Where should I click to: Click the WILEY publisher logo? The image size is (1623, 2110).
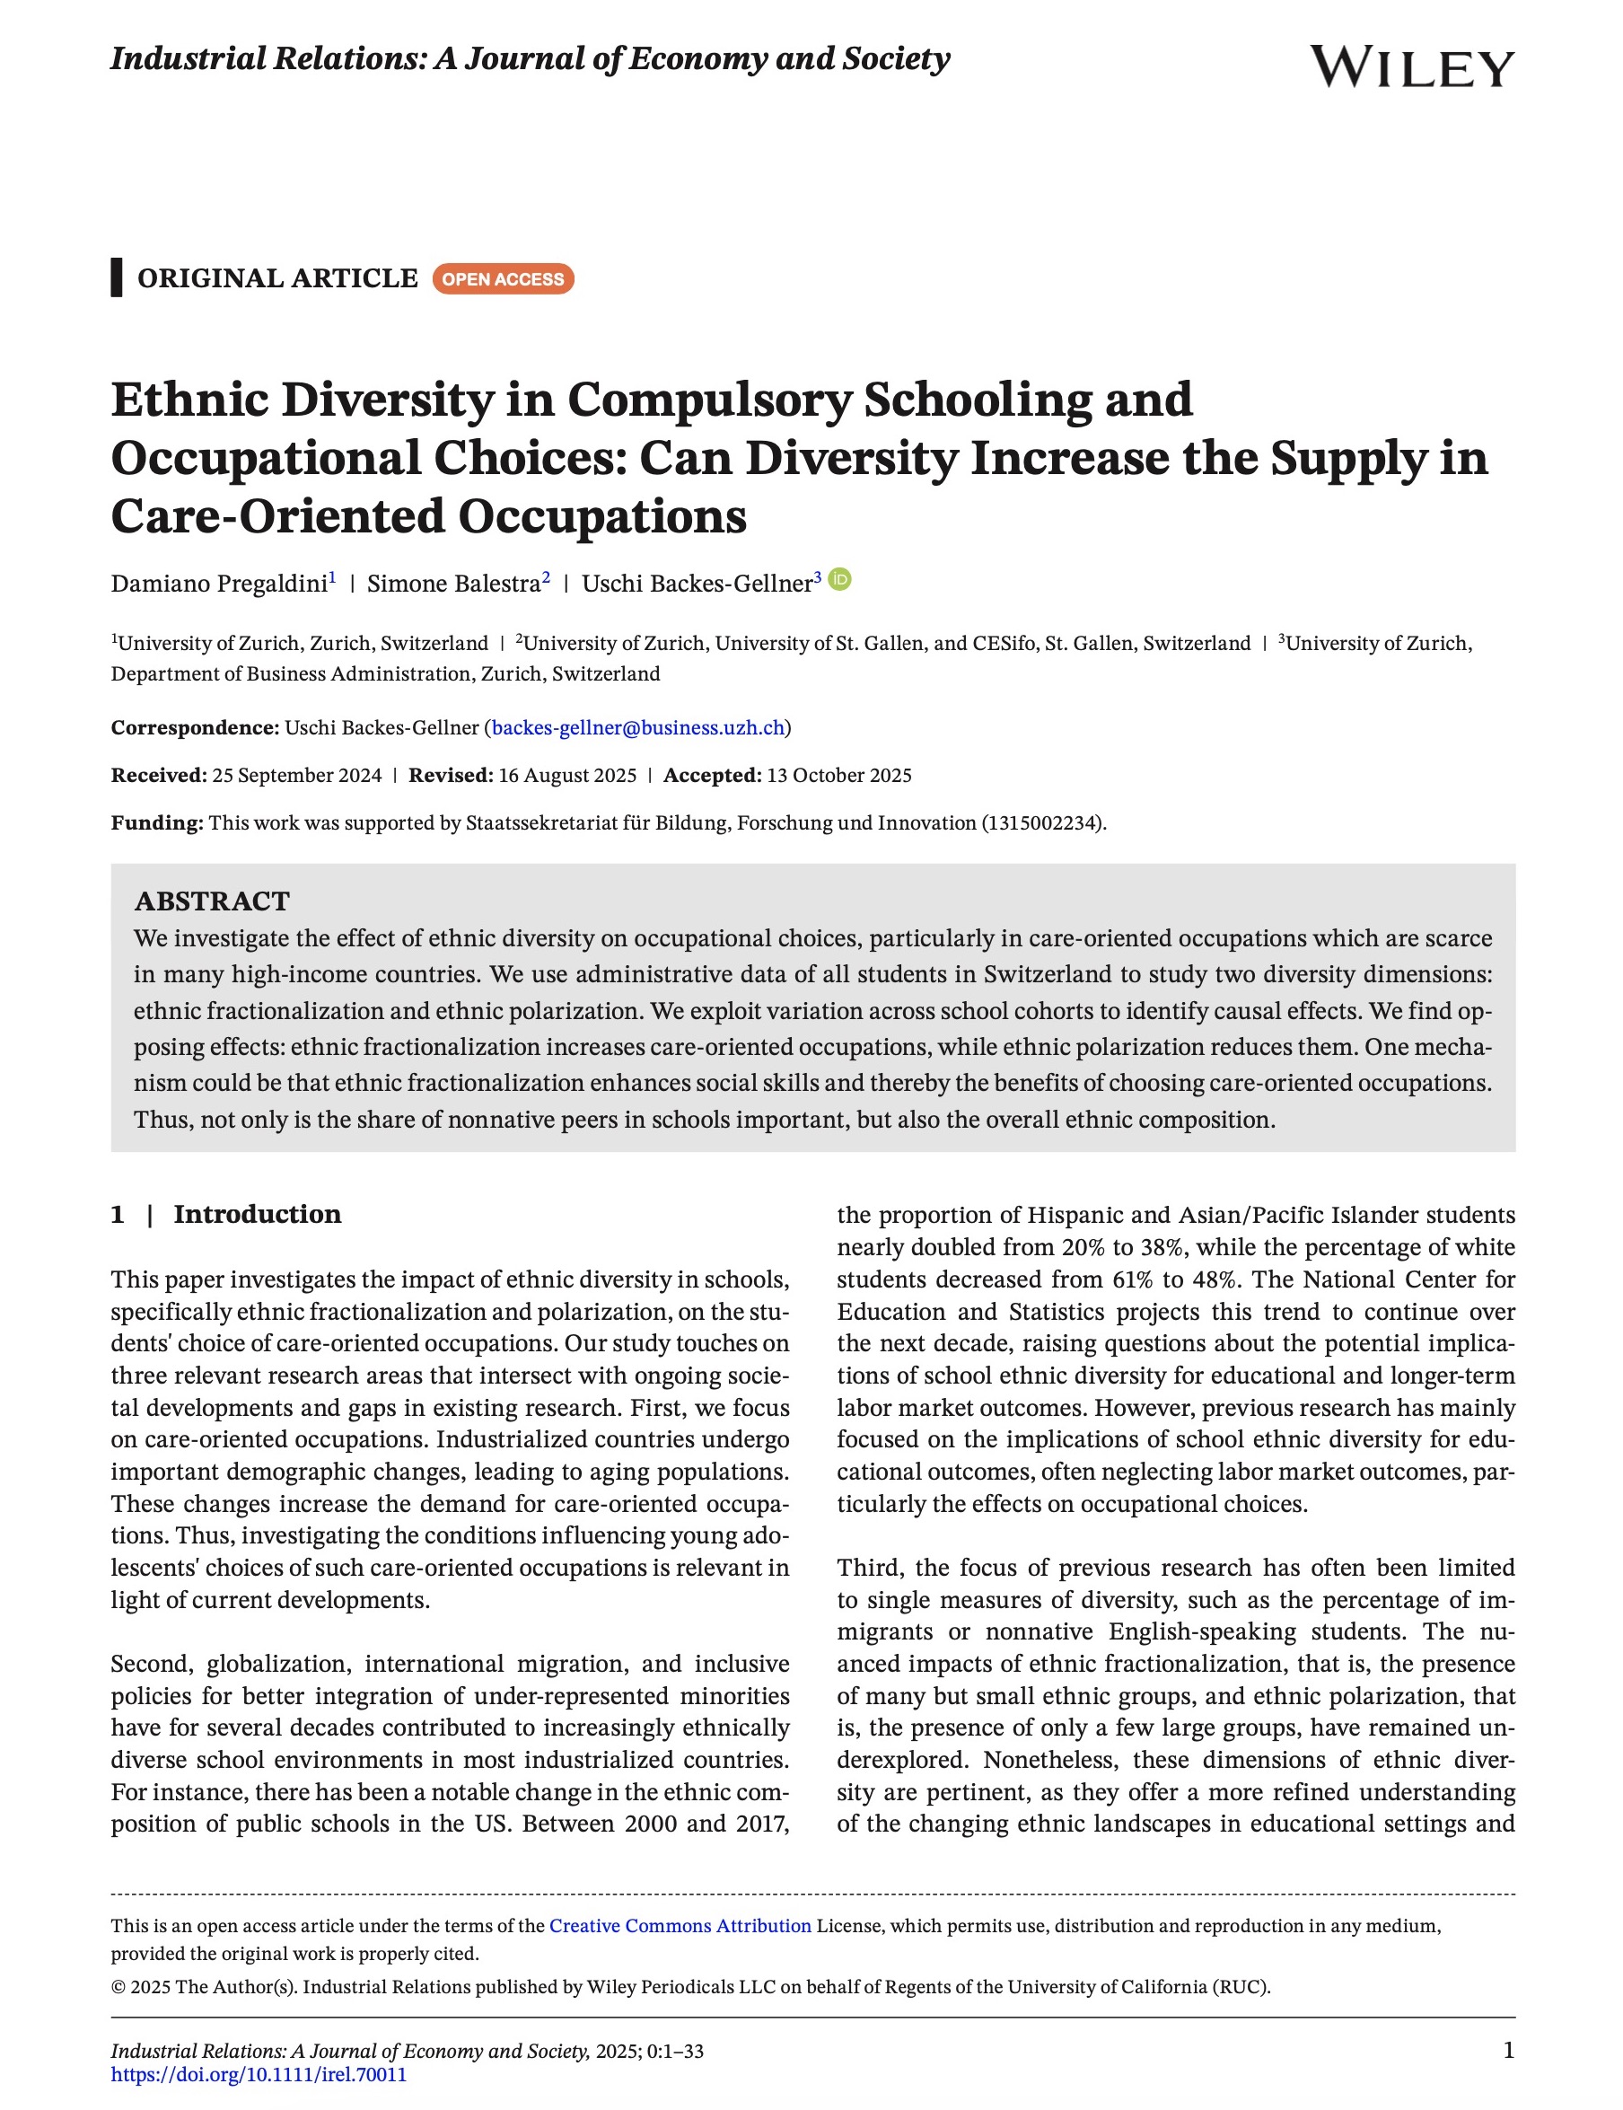[x=1411, y=67]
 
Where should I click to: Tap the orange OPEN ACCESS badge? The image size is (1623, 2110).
[x=503, y=279]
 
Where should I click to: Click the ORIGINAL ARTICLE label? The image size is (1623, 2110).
[x=277, y=278]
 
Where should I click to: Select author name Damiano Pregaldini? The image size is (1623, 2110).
[x=219, y=584]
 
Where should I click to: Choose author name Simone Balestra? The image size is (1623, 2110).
[x=453, y=584]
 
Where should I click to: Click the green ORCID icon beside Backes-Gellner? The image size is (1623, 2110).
[x=840, y=580]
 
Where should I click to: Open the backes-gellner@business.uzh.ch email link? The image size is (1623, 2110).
[x=637, y=727]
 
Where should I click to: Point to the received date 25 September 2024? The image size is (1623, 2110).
[x=296, y=775]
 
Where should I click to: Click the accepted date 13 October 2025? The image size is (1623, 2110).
[x=837, y=775]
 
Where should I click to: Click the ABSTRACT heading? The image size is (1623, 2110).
[x=212, y=901]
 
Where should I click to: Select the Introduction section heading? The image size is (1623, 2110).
[x=257, y=1215]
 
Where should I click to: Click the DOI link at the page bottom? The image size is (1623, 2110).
[x=259, y=2074]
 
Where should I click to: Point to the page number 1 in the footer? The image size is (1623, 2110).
[x=1508, y=2049]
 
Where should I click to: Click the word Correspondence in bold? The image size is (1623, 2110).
[x=194, y=727]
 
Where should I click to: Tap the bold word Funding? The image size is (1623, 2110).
[x=156, y=823]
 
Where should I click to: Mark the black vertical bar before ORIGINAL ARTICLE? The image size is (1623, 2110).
[x=117, y=278]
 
